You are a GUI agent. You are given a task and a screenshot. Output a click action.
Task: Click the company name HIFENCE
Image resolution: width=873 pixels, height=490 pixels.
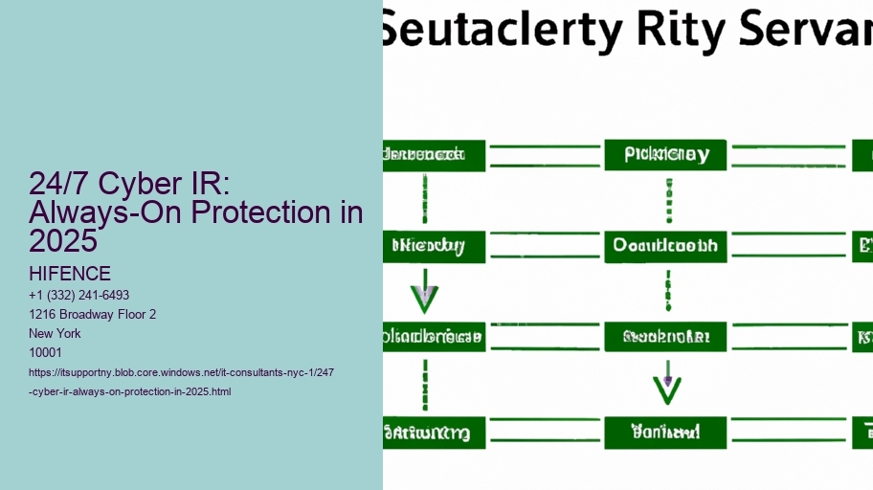click(70, 275)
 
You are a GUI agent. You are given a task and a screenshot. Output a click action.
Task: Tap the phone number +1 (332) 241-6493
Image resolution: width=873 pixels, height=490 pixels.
click(79, 296)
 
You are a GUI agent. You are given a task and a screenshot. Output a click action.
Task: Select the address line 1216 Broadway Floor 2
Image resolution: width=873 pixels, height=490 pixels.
click(93, 315)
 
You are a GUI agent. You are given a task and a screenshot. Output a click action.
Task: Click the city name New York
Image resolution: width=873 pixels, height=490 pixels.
click(56, 334)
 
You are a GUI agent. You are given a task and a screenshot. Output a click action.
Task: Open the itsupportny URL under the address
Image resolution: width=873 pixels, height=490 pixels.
click(181, 382)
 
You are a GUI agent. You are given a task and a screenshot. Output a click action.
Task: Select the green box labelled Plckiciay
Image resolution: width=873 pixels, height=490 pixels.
click(665, 155)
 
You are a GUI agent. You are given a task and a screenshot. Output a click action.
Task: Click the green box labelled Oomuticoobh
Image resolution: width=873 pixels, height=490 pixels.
click(665, 246)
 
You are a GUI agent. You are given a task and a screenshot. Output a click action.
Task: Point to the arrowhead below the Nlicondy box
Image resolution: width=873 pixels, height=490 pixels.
click(424, 299)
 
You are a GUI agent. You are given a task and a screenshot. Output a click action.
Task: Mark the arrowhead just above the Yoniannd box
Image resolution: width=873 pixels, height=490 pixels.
click(666, 388)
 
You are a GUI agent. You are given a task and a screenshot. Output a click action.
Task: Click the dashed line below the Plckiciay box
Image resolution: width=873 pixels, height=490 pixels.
click(666, 200)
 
